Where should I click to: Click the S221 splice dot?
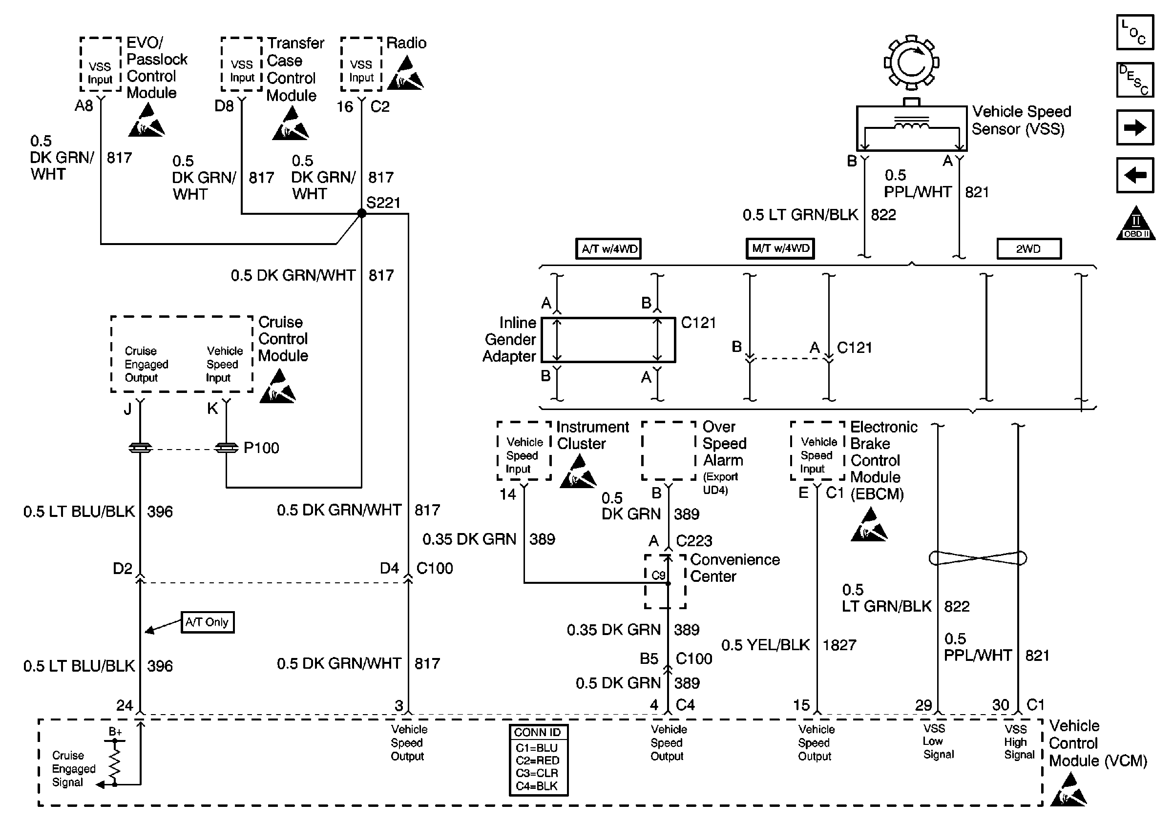click(362, 213)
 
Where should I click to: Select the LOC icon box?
click(1135, 32)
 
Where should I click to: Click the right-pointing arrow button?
click(1135, 127)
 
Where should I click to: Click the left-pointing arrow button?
click(1135, 175)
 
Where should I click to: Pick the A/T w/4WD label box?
click(608, 249)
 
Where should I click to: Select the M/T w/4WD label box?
click(780, 248)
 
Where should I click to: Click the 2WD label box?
click(1028, 249)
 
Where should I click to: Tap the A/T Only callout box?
click(208, 622)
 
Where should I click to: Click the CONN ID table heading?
click(538, 732)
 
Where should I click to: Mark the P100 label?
click(262, 448)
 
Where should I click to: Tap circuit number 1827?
click(839, 645)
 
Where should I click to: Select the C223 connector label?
click(694, 541)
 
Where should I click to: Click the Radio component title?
click(406, 43)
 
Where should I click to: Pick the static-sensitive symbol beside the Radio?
click(406, 74)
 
